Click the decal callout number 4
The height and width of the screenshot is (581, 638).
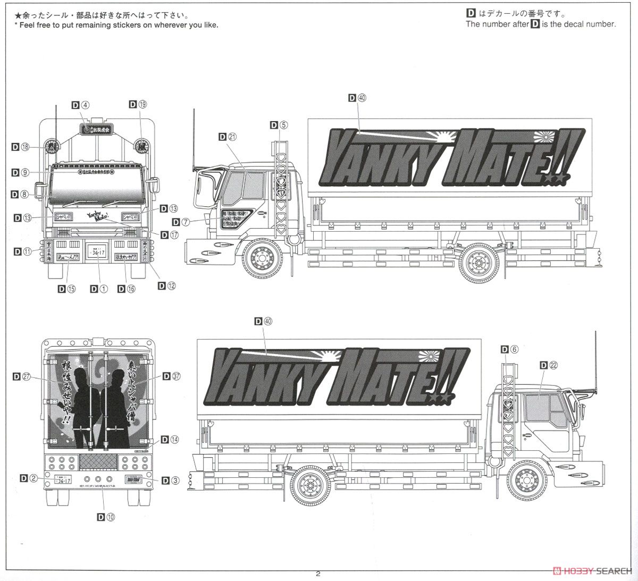[x=81, y=105]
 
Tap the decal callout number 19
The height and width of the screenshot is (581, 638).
[x=138, y=105]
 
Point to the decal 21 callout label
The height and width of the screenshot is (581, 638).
[x=227, y=137]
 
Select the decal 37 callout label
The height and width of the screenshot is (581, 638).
[x=172, y=376]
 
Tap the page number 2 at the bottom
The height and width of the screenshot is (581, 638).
[x=318, y=574]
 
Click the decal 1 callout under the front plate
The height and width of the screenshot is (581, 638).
[x=99, y=289]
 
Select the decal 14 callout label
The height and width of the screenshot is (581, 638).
[x=170, y=440]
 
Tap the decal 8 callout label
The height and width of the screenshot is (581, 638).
[x=20, y=195]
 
